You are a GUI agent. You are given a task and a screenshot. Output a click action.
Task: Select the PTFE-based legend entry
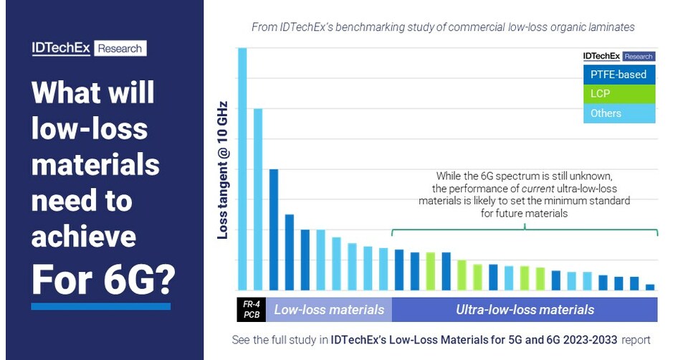[618, 75]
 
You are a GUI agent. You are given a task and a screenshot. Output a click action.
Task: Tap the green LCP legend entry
[618, 94]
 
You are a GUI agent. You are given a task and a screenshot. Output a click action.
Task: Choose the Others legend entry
[618, 113]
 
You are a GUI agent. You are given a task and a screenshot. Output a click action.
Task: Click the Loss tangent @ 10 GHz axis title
[222, 169]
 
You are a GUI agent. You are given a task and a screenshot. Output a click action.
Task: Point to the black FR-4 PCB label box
[251, 310]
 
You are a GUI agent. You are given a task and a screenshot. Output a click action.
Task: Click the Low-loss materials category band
[329, 310]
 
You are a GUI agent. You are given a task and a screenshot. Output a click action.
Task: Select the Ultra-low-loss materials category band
[525, 310]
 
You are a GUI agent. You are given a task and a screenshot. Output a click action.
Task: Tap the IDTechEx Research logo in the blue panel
[89, 48]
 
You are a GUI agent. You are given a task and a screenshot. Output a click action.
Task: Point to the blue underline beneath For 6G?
[100, 306]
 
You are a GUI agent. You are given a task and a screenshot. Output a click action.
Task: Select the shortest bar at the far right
[650, 287]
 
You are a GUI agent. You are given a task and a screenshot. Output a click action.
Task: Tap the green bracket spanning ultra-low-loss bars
[525, 230]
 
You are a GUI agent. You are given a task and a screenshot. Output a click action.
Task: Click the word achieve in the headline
[84, 237]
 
